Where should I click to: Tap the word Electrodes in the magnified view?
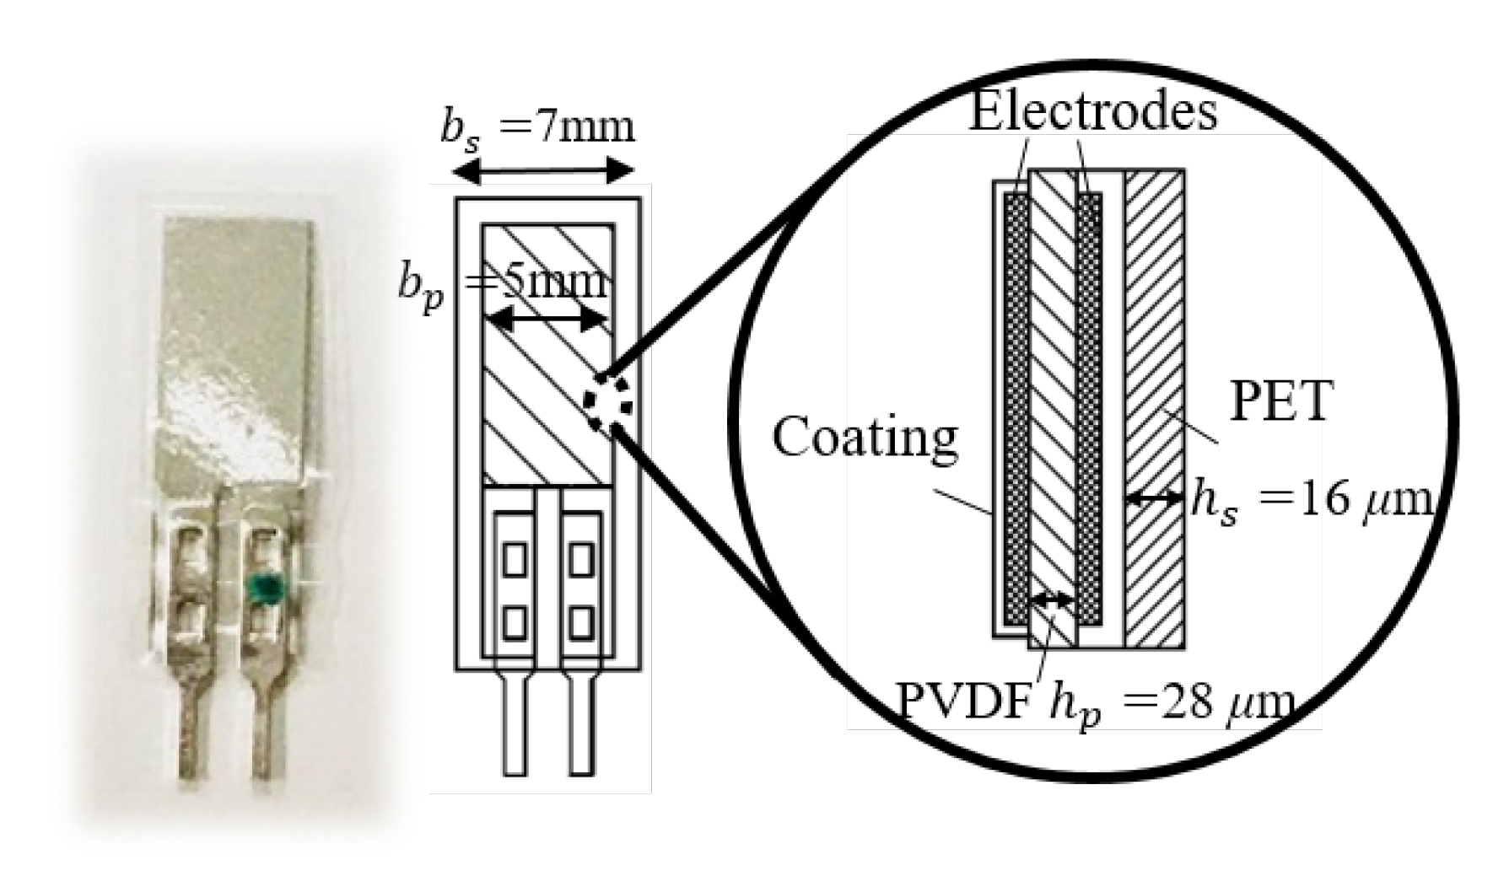[x=1092, y=111]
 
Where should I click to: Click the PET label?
[x=1280, y=402]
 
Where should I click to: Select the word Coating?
[x=865, y=438]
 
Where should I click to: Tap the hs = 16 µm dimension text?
[x=1311, y=501]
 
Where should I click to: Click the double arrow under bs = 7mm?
[x=543, y=172]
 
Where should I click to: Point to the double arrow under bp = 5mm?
[x=548, y=320]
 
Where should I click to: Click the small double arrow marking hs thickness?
[x=1155, y=498]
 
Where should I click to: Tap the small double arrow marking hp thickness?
[x=1051, y=599]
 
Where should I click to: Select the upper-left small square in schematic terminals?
[x=515, y=559]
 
